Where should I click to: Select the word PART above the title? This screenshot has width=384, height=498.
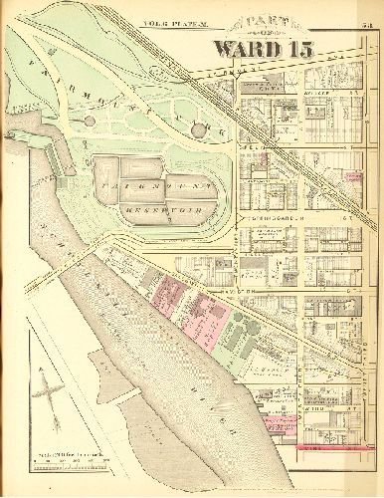[261, 21]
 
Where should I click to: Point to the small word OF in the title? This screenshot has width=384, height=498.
[261, 32]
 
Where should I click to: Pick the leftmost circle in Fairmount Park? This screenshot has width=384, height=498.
[91, 121]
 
